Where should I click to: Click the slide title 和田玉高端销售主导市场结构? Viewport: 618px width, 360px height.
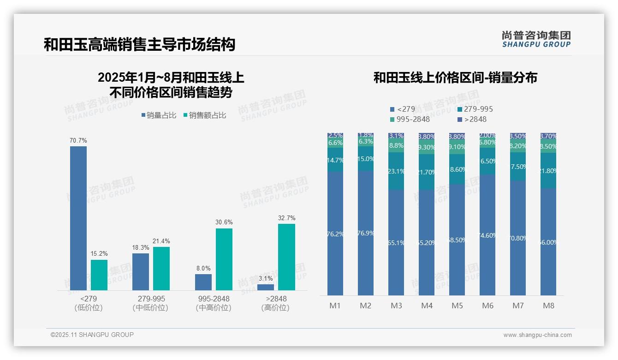(x=139, y=44)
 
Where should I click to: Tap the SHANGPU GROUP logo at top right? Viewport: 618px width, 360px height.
(x=536, y=39)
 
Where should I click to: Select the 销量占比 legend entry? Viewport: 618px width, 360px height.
(x=159, y=115)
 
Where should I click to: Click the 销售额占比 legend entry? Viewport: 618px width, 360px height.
(x=205, y=115)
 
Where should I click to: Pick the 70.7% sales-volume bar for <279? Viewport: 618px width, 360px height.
(x=78, y=218)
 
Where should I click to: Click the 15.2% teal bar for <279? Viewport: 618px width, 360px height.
(x=99, y=275)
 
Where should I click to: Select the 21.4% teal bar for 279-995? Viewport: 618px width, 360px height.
(x=161, y=269)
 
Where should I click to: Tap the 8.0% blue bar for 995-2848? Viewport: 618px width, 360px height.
(x=203, y=282)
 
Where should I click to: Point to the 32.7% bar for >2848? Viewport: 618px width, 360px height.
(x=286, y=257)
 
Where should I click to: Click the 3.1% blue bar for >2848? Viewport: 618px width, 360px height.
(x=266, y=287)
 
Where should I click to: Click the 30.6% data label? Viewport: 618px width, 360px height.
(x=224, y=222)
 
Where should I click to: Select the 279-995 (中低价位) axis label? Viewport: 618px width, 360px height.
(x=151, y=303)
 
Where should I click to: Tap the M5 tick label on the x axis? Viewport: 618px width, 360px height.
(x=457, y=306)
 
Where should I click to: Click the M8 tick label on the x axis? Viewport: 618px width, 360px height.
(x=548, y=306)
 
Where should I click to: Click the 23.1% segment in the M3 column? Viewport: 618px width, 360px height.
(x=396, y=171)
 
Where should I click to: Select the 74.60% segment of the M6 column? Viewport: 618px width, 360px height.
(x=487, y=235)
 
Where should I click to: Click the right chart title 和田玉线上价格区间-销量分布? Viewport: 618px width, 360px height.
(x=455, y=78)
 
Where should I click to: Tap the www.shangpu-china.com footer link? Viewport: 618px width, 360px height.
(x=537, y=335)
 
